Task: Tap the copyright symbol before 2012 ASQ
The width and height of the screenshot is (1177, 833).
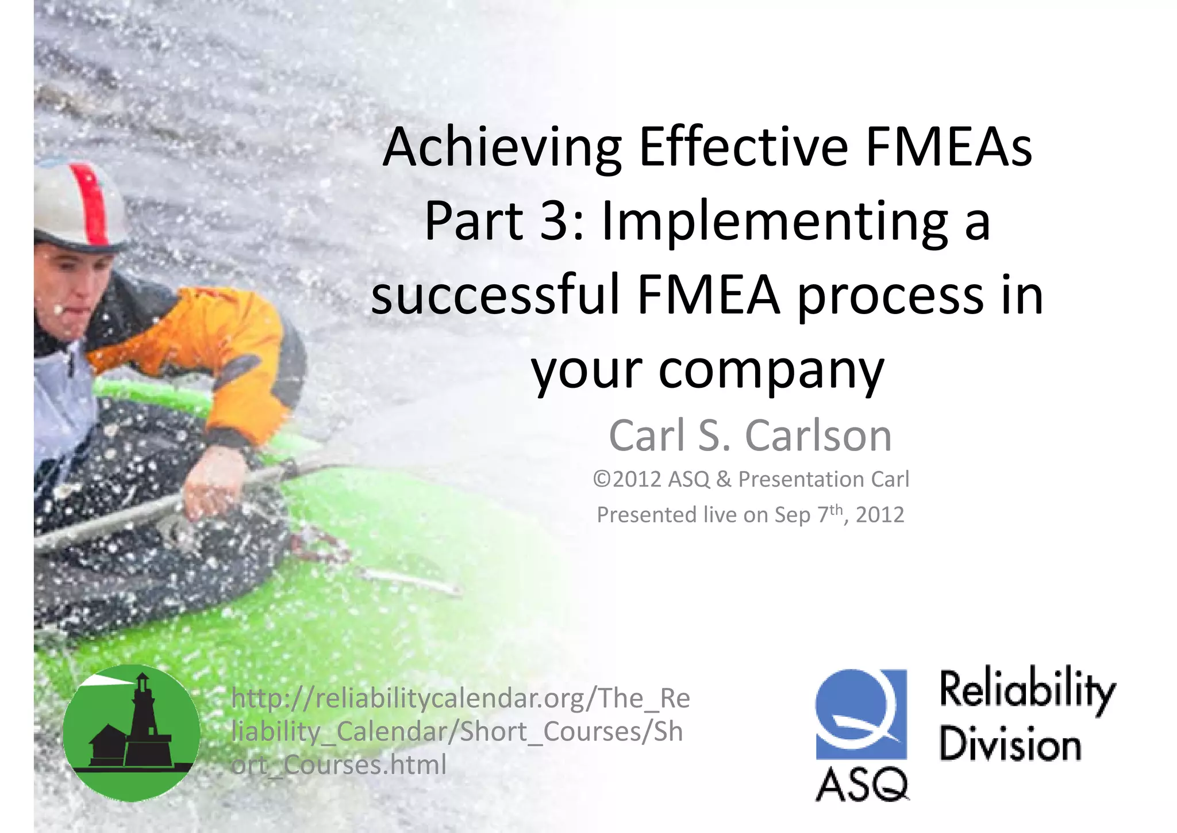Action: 602,479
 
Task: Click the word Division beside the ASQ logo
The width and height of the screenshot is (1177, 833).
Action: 1010,744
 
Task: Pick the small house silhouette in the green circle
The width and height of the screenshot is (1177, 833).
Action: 107,745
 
